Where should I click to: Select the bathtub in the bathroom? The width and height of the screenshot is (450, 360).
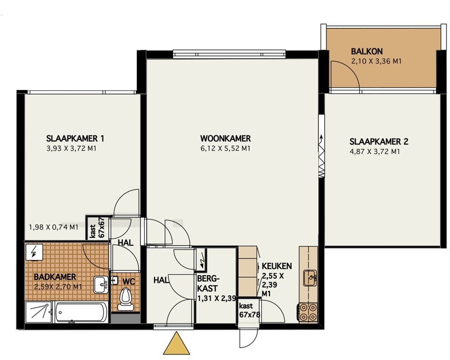pos(81,312)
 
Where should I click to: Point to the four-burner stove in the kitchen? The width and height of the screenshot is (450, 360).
pos(307,312)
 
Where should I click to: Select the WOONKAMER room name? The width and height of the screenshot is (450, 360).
pos(225,139)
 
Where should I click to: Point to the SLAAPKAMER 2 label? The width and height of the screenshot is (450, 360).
pos(375,142)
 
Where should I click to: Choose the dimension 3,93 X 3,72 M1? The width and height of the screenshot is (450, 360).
pos(74,149)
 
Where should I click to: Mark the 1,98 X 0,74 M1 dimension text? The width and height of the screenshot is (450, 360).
pos(53,228)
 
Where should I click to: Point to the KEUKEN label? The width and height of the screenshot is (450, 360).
pos(277,266)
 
